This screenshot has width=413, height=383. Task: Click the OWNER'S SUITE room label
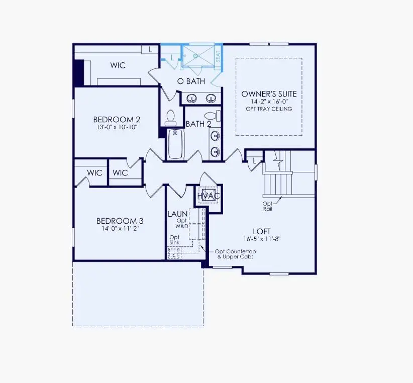[x=269, y=94]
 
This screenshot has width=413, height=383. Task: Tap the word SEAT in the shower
[x=218, y=57]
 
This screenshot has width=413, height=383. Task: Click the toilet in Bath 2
[x=215, y=116]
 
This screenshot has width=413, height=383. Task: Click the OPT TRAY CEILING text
[x=269, y=109]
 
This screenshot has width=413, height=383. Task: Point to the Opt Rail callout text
[x=267, y=206]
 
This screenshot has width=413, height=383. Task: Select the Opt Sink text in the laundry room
[x=174, y=240]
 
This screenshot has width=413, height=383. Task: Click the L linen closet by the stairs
[x=255, y=160]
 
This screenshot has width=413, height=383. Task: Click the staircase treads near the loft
[x=277, y=183]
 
